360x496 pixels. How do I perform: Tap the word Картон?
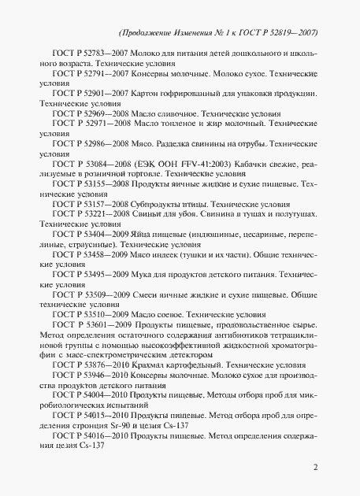point(140,113)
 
